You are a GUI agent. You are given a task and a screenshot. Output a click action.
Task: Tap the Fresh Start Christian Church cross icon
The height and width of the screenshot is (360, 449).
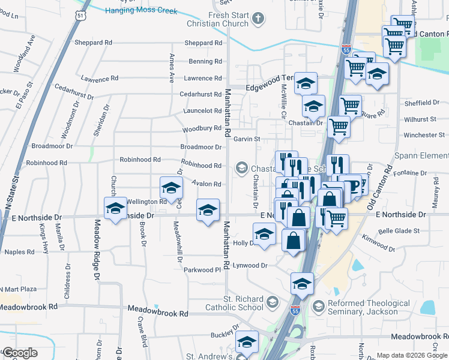click(x=259, y=19)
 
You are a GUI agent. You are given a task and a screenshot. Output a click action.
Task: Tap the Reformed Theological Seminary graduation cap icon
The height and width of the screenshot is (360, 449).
click(x=318, y=307)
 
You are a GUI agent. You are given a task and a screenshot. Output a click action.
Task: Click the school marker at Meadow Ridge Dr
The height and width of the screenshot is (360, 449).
click(x=115, y=208)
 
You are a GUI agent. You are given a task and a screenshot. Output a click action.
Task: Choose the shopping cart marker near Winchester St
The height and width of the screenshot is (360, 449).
click(x=339, y=127)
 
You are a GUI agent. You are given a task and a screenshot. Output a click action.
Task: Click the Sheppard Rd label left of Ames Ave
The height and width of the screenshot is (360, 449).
click(x=93, y=43)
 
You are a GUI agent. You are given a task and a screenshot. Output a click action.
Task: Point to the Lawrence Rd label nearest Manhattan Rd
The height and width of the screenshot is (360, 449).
click(x=203, y=78)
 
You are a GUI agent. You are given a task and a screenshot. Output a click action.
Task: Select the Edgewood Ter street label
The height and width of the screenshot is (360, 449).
click(x=269, y=87)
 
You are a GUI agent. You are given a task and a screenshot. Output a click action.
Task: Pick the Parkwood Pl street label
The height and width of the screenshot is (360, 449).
click(x=202, y=270)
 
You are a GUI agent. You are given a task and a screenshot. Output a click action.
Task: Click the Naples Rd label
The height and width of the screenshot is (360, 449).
click(x=20, y=252)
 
